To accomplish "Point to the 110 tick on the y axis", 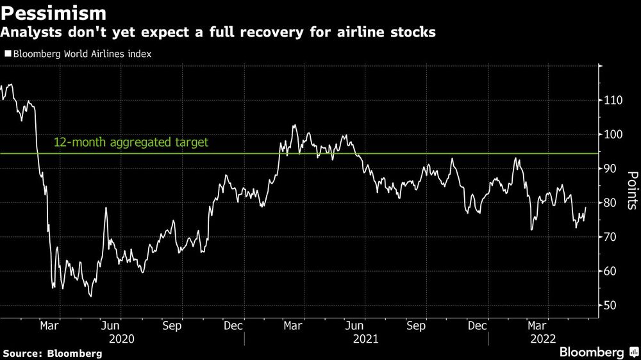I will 614,101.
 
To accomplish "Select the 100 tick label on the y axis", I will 614,135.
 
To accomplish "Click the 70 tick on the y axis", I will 612,237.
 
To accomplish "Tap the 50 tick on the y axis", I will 612,306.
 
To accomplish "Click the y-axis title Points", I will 631,190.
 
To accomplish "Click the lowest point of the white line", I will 90,296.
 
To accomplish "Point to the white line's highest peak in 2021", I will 294,126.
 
